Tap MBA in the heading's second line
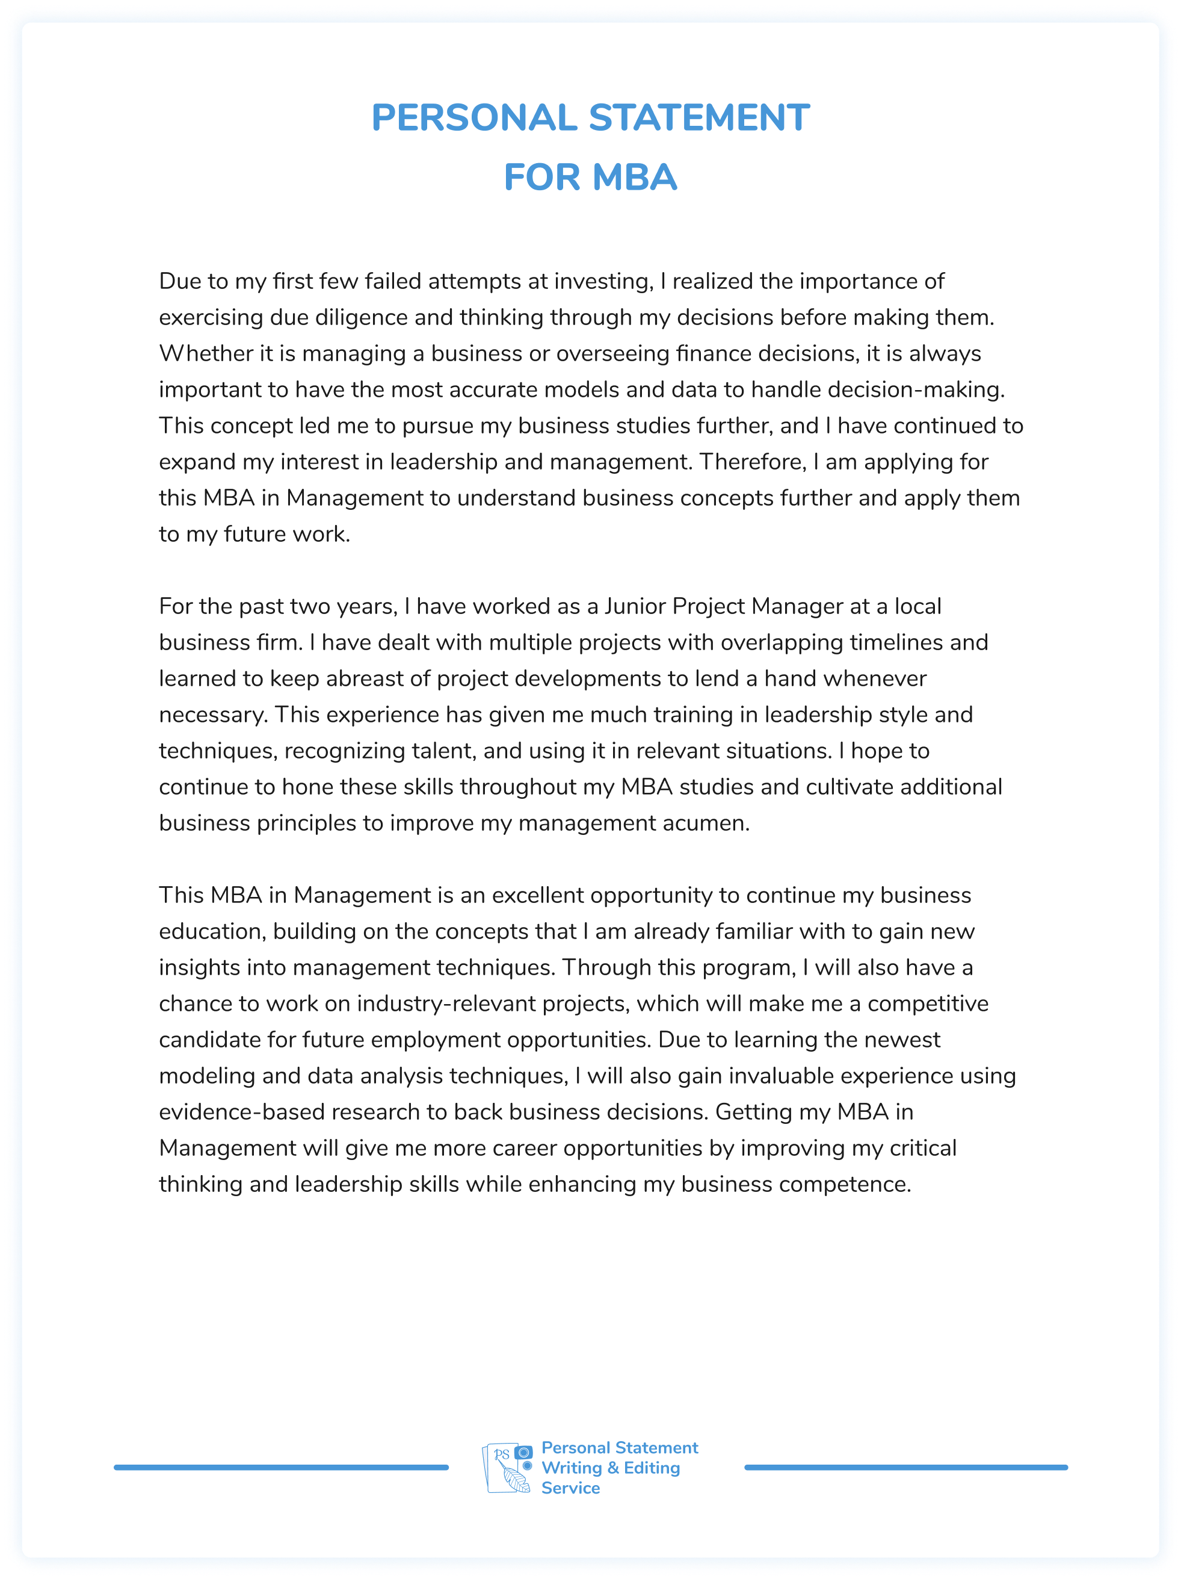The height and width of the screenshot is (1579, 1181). tap(634, 177)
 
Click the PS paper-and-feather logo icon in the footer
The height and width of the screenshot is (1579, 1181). tap(507, 1468)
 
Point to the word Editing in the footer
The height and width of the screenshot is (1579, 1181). tap(652, 1468)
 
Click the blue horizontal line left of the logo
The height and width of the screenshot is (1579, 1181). tap(281, 1467)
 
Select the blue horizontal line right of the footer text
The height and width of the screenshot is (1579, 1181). tap(905, 1467)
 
